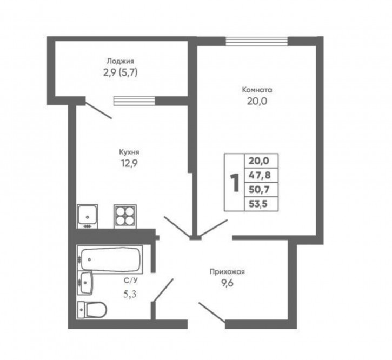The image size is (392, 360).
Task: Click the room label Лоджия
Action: (121, 61)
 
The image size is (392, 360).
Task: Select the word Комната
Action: (257, 90)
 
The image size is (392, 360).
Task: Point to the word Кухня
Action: (129, 152)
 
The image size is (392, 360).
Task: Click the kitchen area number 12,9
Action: (130, 163)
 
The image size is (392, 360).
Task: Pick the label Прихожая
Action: (227, 272)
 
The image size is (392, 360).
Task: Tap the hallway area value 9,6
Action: (227, 283)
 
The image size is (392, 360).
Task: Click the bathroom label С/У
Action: (131, 281)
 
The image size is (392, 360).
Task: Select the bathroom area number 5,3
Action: (130, 294)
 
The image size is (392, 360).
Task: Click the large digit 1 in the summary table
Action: (235, 183)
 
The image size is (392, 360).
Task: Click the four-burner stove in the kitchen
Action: (125, 217)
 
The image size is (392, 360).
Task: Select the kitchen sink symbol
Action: (87, 216)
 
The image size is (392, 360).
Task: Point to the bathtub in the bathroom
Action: (110, 259)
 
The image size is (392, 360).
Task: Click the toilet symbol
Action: (92, 310)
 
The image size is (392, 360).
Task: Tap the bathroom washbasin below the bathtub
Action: (85, 283)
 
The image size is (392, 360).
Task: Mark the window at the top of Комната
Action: (257, 42)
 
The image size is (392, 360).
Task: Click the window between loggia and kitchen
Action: (134, 101)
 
